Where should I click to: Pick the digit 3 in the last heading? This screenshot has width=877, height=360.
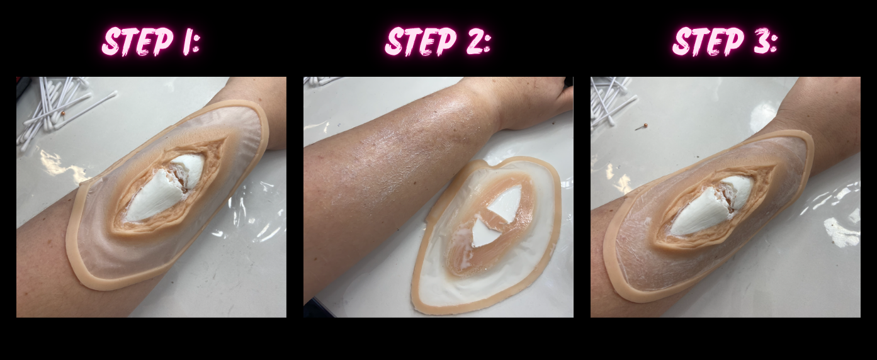(x=759, y=42)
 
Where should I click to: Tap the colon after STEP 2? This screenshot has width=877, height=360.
(x=487, y=44)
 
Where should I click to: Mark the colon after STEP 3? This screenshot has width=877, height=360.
(x=774, y=44)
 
